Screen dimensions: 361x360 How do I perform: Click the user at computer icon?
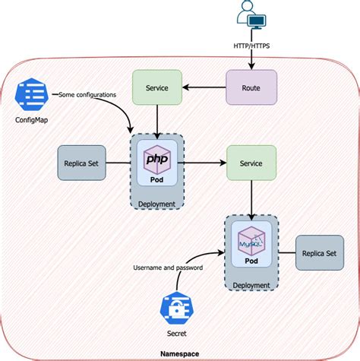(251, 16)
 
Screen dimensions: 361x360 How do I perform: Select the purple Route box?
(250, 87)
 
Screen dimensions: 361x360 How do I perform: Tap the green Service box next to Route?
(156, 87)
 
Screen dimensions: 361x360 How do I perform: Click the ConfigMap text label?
(32, 120)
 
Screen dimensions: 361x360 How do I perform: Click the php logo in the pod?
(156, 160)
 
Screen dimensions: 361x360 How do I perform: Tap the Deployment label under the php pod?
(156, 204)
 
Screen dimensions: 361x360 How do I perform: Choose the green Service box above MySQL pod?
(250, 163)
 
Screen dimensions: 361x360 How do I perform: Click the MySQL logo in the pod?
(251, 242)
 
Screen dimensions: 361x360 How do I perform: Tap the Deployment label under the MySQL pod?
(251, 286)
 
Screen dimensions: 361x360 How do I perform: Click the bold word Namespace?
(181, 354)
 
